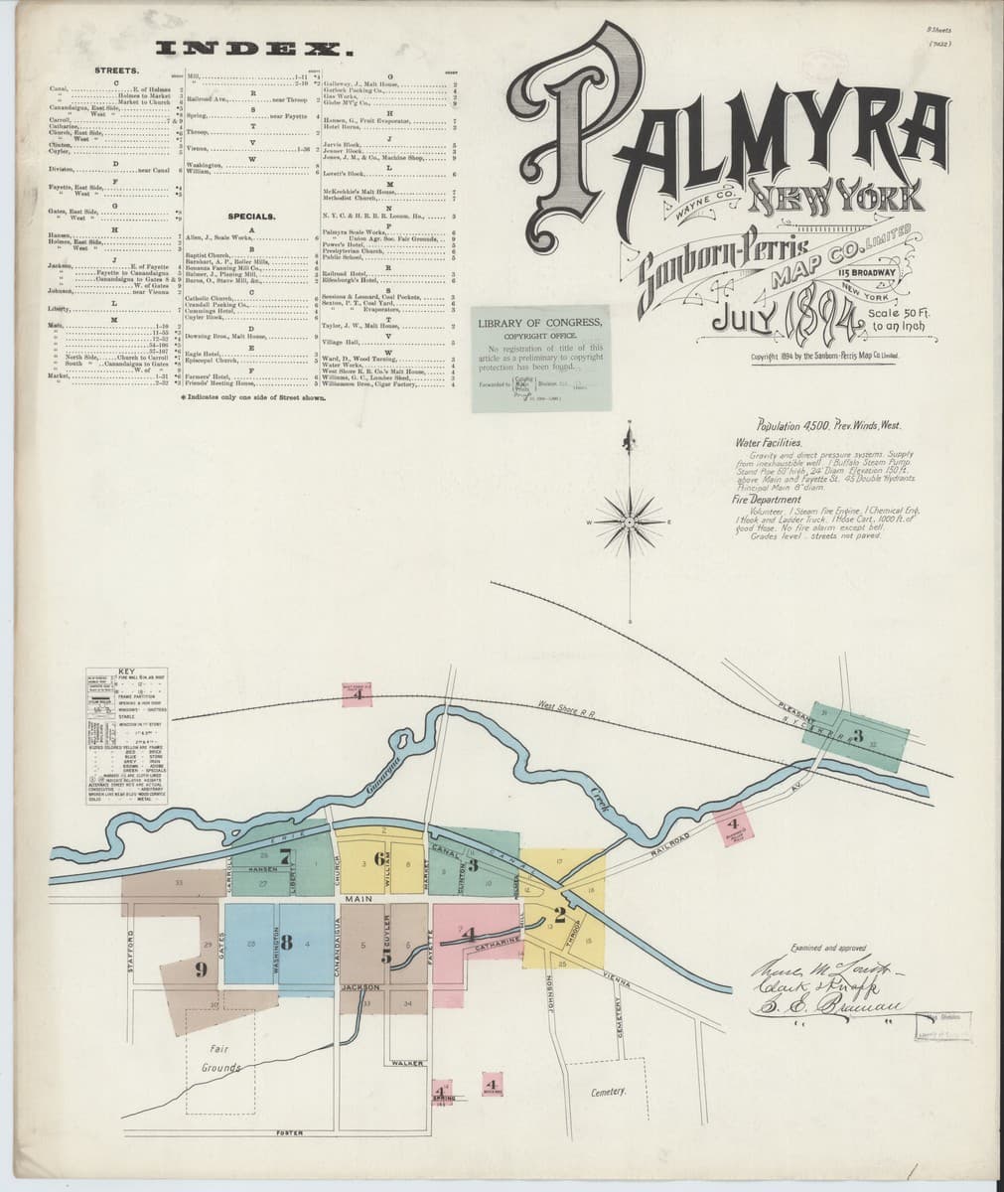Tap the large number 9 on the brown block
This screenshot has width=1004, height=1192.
pyautogui.click(x=201, y=968)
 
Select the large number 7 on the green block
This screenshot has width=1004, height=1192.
pyautogui.click(x=285, y=860)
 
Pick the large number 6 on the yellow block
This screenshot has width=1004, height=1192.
pyautogui.click(x=378, y=858)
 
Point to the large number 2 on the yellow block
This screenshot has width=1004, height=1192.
pyautogui.click(x=560, y=915)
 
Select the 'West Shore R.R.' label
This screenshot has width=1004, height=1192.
pyautogui.click(x=567, y=707)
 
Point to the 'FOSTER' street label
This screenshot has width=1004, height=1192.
pyautogui.click(x=290, y=1133)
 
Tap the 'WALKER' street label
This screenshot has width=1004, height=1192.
pyautogui.click(x=408, y=1064)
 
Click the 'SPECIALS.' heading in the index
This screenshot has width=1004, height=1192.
pyautogui.click(x=250, y=216)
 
